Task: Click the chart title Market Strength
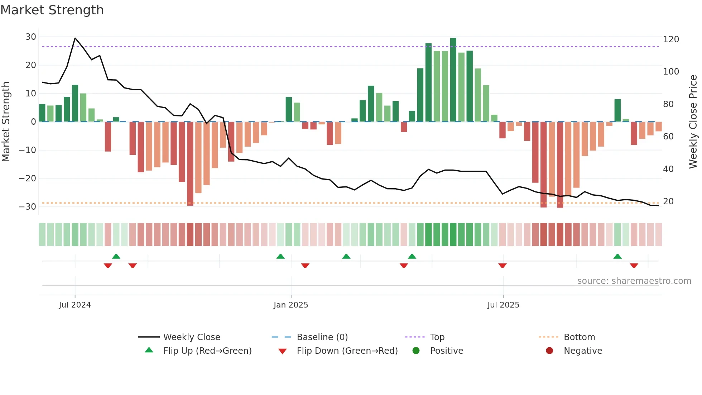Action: [x=52, y=10]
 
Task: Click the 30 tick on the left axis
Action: [x=31, y=37]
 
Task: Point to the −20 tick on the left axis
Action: [x=28, y=178]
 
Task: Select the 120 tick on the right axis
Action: [x=671, y=39]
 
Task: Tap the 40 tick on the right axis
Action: [x=668, y=169]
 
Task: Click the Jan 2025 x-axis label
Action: [x=290, y=305]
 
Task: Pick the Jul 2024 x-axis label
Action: [x=75, y=305]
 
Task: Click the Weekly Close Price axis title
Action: [x=693, y=122]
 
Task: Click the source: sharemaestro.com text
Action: [x=634, y=281]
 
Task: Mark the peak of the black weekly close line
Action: [x=75, y=38]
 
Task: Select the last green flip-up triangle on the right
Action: [x=617, y=256]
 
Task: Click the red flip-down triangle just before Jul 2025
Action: [x=503, y=266]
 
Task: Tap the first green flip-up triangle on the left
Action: [x=116, y=256]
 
